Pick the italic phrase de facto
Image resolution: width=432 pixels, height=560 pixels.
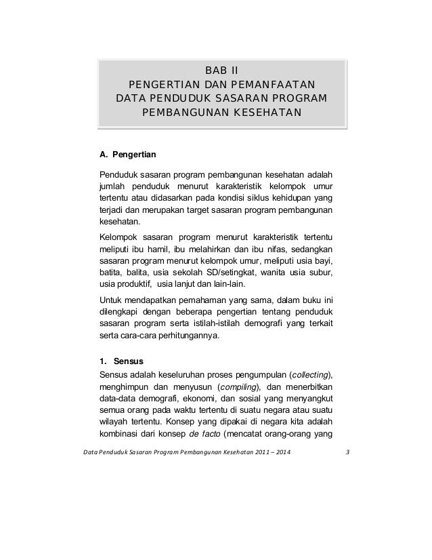coord(203,435)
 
